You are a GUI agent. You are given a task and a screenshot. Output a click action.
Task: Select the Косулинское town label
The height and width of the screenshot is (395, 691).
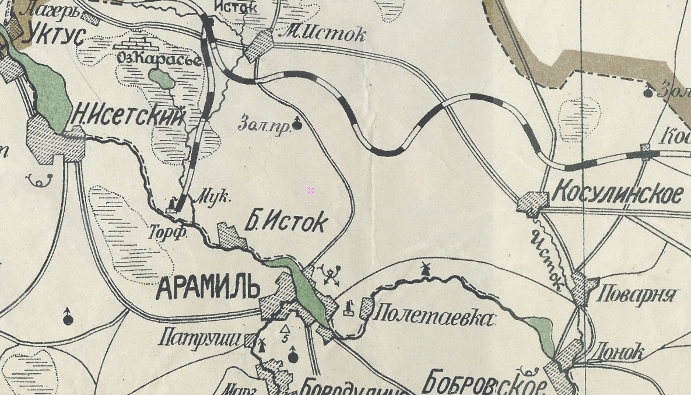tap(617, 193)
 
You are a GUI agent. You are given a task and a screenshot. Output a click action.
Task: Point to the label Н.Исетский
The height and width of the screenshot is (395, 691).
tap(128, 116)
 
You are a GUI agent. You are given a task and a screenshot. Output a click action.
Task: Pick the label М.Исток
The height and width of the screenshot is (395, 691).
tap(322, 33)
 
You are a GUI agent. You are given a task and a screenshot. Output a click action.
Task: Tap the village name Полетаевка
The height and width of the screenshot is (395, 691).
tap(433, 317)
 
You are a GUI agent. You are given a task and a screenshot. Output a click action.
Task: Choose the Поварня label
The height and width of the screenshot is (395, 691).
tap(638, 294)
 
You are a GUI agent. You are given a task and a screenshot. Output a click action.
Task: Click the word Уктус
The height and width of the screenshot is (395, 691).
tap(56, 34)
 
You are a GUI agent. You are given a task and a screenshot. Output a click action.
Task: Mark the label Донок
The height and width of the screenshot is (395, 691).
tap(617, 352)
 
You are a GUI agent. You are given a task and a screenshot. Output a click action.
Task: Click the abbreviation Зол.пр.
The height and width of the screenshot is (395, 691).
tap(264, 124)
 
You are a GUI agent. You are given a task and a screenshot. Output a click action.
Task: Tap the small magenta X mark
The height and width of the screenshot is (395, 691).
tap(310, 191)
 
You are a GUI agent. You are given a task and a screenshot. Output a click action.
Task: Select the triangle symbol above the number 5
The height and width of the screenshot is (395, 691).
tap(285, 330)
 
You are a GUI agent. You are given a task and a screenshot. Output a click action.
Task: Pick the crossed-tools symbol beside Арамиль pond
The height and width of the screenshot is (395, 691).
tap(331, 275)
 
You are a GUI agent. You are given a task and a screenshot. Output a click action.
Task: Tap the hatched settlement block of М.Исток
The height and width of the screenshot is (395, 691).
tap(259, 46)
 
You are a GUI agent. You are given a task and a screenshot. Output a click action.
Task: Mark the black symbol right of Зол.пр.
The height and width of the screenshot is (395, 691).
tap(297, 123)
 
